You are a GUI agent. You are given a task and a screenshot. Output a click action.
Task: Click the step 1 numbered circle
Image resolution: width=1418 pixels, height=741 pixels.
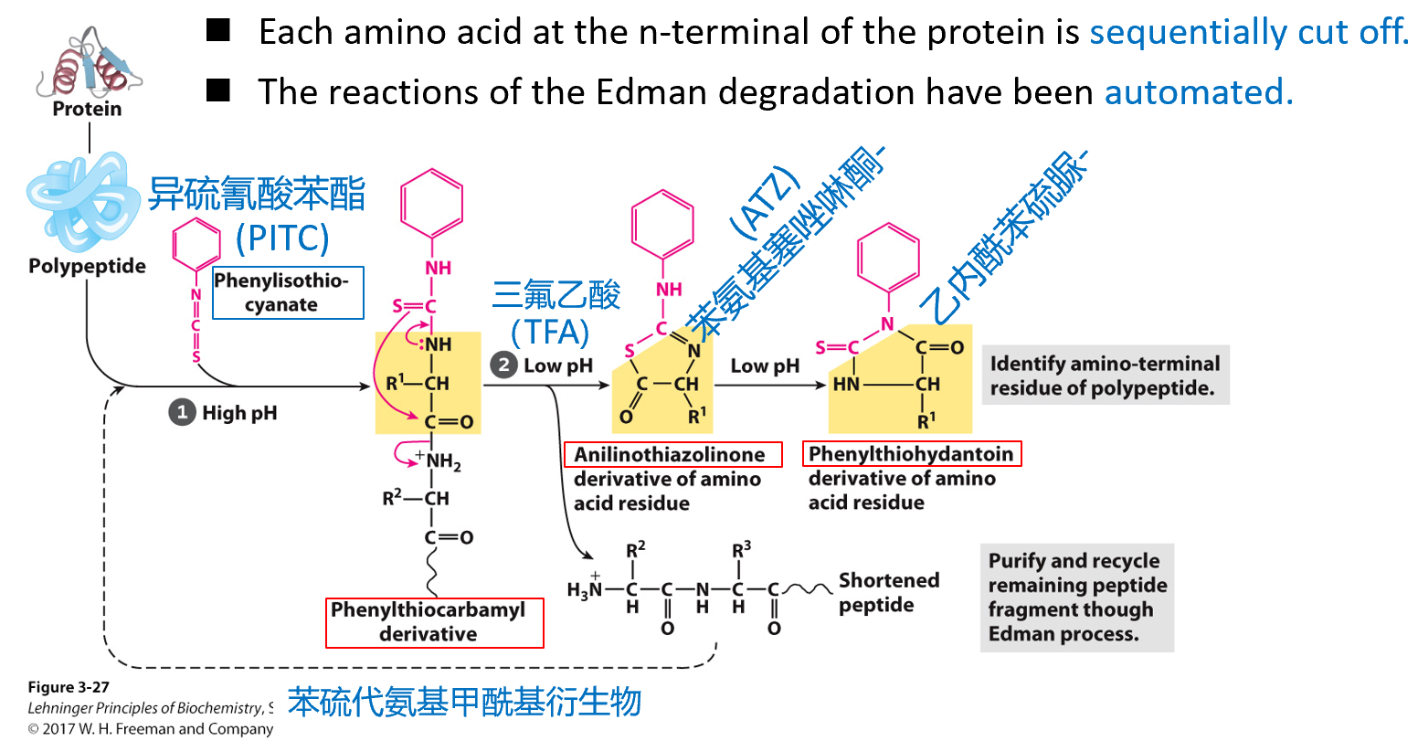pos(182,413)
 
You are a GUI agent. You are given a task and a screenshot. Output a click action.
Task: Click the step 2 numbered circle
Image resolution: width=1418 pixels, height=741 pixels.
pos(503,365)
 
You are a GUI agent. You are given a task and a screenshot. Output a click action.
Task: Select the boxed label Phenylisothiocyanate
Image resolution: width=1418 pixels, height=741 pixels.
pos(288,292)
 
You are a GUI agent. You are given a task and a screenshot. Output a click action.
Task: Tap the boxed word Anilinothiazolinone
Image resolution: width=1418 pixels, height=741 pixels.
pos(670,454)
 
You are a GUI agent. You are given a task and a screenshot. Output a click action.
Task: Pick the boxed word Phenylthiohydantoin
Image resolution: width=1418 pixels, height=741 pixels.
pos(911,454)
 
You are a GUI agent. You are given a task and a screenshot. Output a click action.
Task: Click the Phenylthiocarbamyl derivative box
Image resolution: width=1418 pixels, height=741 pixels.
pos(434,622)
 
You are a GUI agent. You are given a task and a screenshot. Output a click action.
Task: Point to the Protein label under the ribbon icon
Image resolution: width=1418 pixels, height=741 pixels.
pos(87,109)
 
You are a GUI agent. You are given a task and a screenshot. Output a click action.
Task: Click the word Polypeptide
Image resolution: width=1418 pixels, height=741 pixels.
pos(87,266)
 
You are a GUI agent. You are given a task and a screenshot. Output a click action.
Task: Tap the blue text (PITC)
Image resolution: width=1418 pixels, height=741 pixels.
pos(282,238)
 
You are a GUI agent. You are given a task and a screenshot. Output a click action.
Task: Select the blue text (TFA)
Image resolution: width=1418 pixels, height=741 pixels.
pos(551,332)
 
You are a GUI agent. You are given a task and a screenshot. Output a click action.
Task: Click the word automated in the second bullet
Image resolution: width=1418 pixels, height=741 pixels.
pos(1198,92)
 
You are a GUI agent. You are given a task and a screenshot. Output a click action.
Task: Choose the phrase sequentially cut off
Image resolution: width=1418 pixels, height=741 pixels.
pos(1249,32)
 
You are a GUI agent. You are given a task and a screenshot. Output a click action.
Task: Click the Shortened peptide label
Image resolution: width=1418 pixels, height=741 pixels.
pos(888,592)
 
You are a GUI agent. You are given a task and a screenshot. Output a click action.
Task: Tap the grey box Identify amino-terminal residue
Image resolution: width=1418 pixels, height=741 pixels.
pos(1105,376)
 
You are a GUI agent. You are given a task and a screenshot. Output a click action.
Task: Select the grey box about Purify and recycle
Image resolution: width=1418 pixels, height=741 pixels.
pos(1077,597)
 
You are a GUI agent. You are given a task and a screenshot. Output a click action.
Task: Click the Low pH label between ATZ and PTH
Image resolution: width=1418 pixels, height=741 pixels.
pos(765,366)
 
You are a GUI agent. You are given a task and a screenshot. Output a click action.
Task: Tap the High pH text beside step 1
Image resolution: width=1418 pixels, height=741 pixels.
pos(239,413)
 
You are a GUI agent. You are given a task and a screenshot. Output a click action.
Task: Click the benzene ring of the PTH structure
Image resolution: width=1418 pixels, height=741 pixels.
pos(887,258)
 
